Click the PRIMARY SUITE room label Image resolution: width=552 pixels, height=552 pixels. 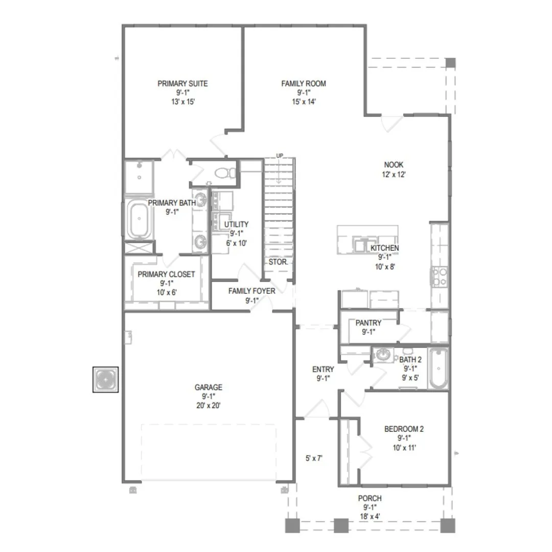point(182,84)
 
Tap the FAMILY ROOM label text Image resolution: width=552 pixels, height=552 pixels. point(304,84)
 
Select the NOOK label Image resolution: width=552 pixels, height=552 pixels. point(394,165)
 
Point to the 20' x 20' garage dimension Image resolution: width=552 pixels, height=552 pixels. point(209,405)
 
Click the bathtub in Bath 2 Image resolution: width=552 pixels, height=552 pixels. point(439,369)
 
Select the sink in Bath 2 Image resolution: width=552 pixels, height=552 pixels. point(383,355)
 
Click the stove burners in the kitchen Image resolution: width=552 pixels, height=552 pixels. point(440,277)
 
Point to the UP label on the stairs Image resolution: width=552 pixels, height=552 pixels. point(280,155)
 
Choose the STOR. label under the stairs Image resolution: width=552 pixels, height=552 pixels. point(278,262)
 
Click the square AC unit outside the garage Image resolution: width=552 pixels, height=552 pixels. point(106,379)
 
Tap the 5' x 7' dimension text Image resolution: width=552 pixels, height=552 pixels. point(314,458)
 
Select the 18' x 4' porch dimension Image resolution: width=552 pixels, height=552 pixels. point(370,516)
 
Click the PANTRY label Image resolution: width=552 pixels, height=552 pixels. point(368,323)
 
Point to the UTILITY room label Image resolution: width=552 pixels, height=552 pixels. point(236,224)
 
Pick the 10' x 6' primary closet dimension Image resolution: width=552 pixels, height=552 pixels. point(167,292)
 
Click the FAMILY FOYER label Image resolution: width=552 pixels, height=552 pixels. point(251,291)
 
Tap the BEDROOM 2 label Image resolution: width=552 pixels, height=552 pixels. point(404,429)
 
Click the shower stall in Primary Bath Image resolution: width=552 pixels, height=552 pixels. point(140,177)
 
